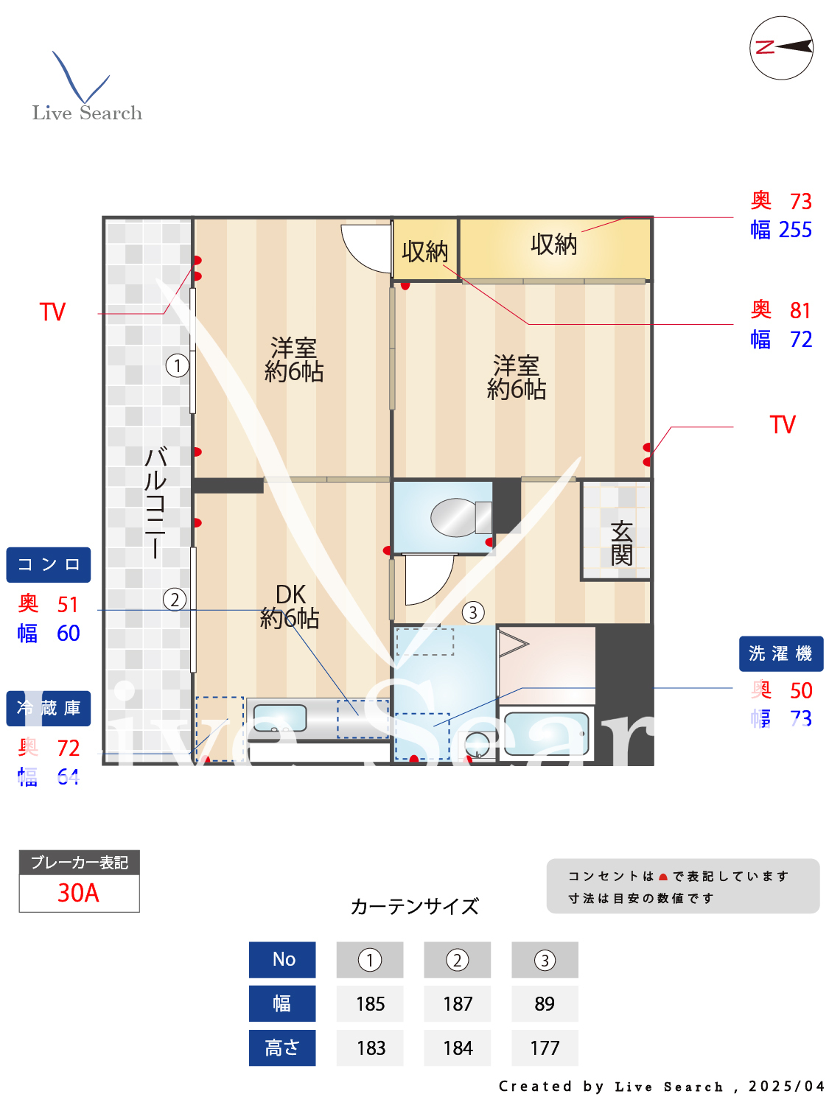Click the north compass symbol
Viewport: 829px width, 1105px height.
(781, 48)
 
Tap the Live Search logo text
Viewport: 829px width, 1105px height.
(87, 113)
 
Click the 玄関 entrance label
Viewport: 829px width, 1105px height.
(620, 543)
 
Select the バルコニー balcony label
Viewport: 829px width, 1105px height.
(155, 502)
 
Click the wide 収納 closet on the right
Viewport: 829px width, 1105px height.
(554, 245)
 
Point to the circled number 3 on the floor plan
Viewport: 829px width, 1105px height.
(473, 612)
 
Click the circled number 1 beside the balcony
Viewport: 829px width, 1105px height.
(177, 365)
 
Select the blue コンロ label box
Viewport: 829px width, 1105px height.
(49, 565)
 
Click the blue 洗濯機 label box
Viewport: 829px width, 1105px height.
(780, 653)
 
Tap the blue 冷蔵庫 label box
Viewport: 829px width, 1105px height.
(49, 709)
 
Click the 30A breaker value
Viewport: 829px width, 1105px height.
(79, 893)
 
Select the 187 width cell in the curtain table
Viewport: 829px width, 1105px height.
(458, 1003)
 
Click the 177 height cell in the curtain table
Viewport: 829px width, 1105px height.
(545, 1048)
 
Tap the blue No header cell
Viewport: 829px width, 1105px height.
(283, 959)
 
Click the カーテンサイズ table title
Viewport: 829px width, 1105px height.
(415, 906)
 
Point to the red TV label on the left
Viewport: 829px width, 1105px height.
(52, 312)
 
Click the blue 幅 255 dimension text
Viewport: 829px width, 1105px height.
(781, 230)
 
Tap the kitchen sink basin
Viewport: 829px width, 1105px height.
(280, 718)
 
